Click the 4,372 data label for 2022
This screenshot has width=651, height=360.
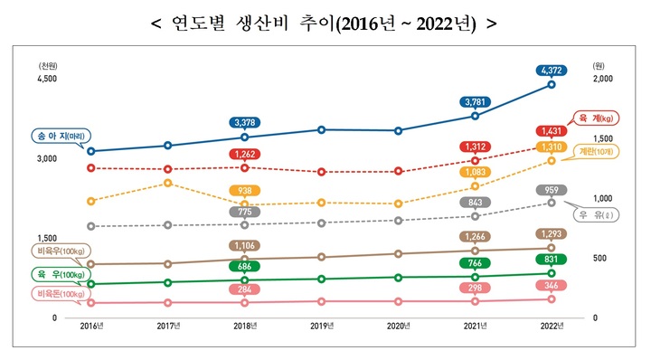(x=551, y=70)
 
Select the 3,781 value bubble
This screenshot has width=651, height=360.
(x=474, y=102)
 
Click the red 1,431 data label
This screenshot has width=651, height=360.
(x=551, y=130)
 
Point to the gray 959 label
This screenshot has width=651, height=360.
(x=551, y=190)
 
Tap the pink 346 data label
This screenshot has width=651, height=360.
(x=551, y=286)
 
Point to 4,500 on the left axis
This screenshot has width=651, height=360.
(x=46, y=80)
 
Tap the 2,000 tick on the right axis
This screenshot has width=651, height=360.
(x=603, y=80)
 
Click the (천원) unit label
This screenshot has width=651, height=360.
(x=47, y=66)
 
